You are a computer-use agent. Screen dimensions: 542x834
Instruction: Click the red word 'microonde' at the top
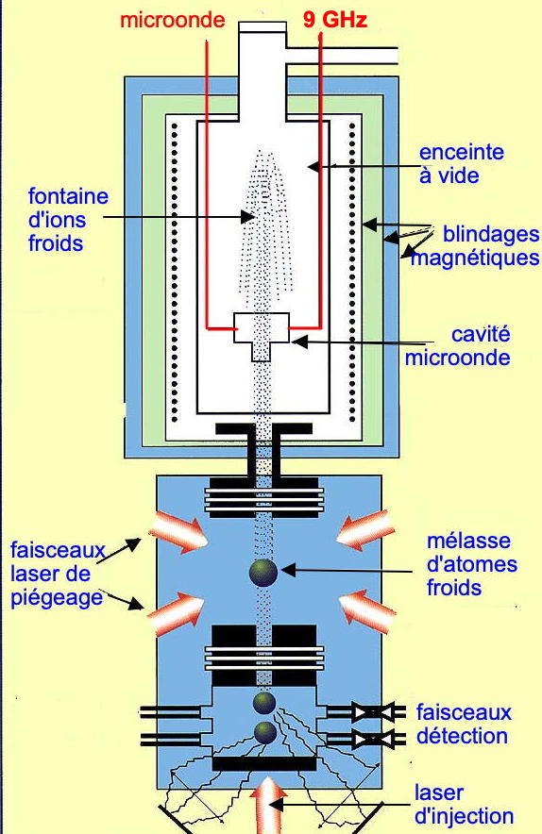(173, 20)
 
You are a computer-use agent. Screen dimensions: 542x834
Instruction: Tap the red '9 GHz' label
(335, 20)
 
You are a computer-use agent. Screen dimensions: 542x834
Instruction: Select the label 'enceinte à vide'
(461, 164)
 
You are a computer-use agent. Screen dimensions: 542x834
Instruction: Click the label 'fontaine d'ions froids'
(68, 220)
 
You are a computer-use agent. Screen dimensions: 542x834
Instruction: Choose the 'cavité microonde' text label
(457, 345)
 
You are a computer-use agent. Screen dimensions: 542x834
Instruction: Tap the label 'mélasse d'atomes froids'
(472, 564)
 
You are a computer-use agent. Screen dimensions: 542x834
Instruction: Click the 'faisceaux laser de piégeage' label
(58, 574)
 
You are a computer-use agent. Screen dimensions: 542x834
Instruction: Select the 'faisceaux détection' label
(464, 724)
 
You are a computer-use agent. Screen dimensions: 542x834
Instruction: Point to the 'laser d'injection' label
(464, 804)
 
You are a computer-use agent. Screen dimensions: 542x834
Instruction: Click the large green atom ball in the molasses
(263, 573)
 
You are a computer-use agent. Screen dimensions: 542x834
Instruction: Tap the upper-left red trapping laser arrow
(178, 533)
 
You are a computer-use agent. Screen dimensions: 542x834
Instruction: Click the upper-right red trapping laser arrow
(365, 532)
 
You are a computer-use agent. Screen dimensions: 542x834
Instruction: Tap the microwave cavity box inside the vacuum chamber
(262, 336)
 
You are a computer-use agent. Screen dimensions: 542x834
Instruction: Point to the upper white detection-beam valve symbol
(373, 711)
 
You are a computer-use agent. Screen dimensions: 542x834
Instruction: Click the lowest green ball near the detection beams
(265, 732)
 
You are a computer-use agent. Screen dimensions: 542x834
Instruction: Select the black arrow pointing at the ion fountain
(179, 216)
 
